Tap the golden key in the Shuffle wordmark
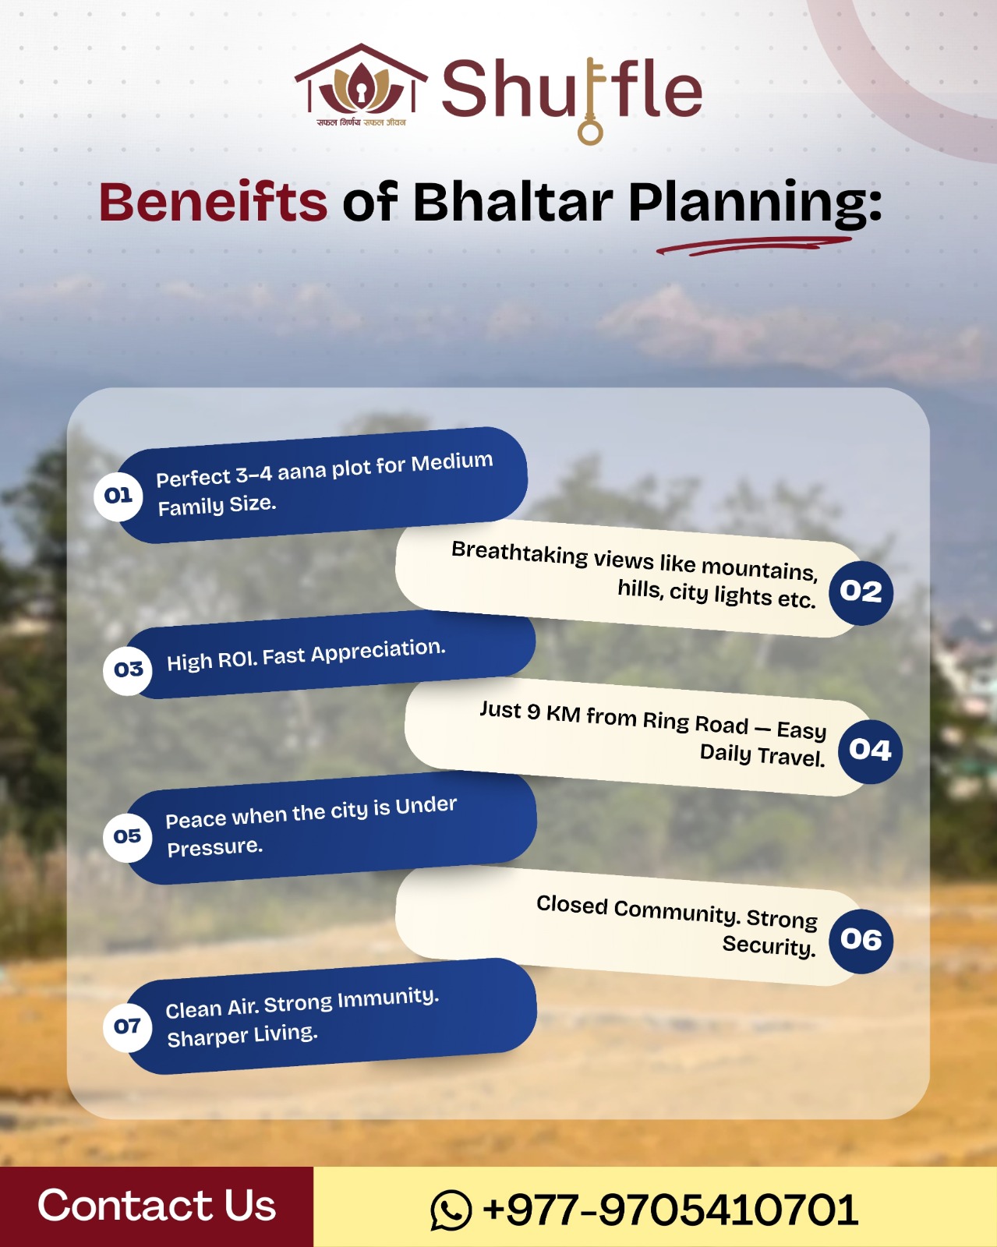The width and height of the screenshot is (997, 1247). point(591,101)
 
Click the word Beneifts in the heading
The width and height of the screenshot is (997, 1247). point(213,202)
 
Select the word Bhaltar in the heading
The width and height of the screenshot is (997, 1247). point(513,202)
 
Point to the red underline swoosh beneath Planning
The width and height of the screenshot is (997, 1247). point(752,246)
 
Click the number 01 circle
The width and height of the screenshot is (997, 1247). point(118,496)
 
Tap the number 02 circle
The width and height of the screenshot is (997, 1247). point(861,592)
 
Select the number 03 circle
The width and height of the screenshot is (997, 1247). point(128,669)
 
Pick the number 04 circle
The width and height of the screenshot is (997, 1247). point(870,750)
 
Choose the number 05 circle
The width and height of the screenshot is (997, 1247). point(128,836)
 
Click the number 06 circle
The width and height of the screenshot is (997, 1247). point(861,940)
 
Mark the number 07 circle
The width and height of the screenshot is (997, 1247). point(128,1026)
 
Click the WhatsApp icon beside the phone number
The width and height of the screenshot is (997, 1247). point(451,1210)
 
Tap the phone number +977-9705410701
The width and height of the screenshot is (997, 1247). point(670,1210)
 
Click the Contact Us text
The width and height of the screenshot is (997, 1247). point(157,1206)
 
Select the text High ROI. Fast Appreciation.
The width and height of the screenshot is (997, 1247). point(306,655)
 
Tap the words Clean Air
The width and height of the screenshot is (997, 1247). point(212,1009)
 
